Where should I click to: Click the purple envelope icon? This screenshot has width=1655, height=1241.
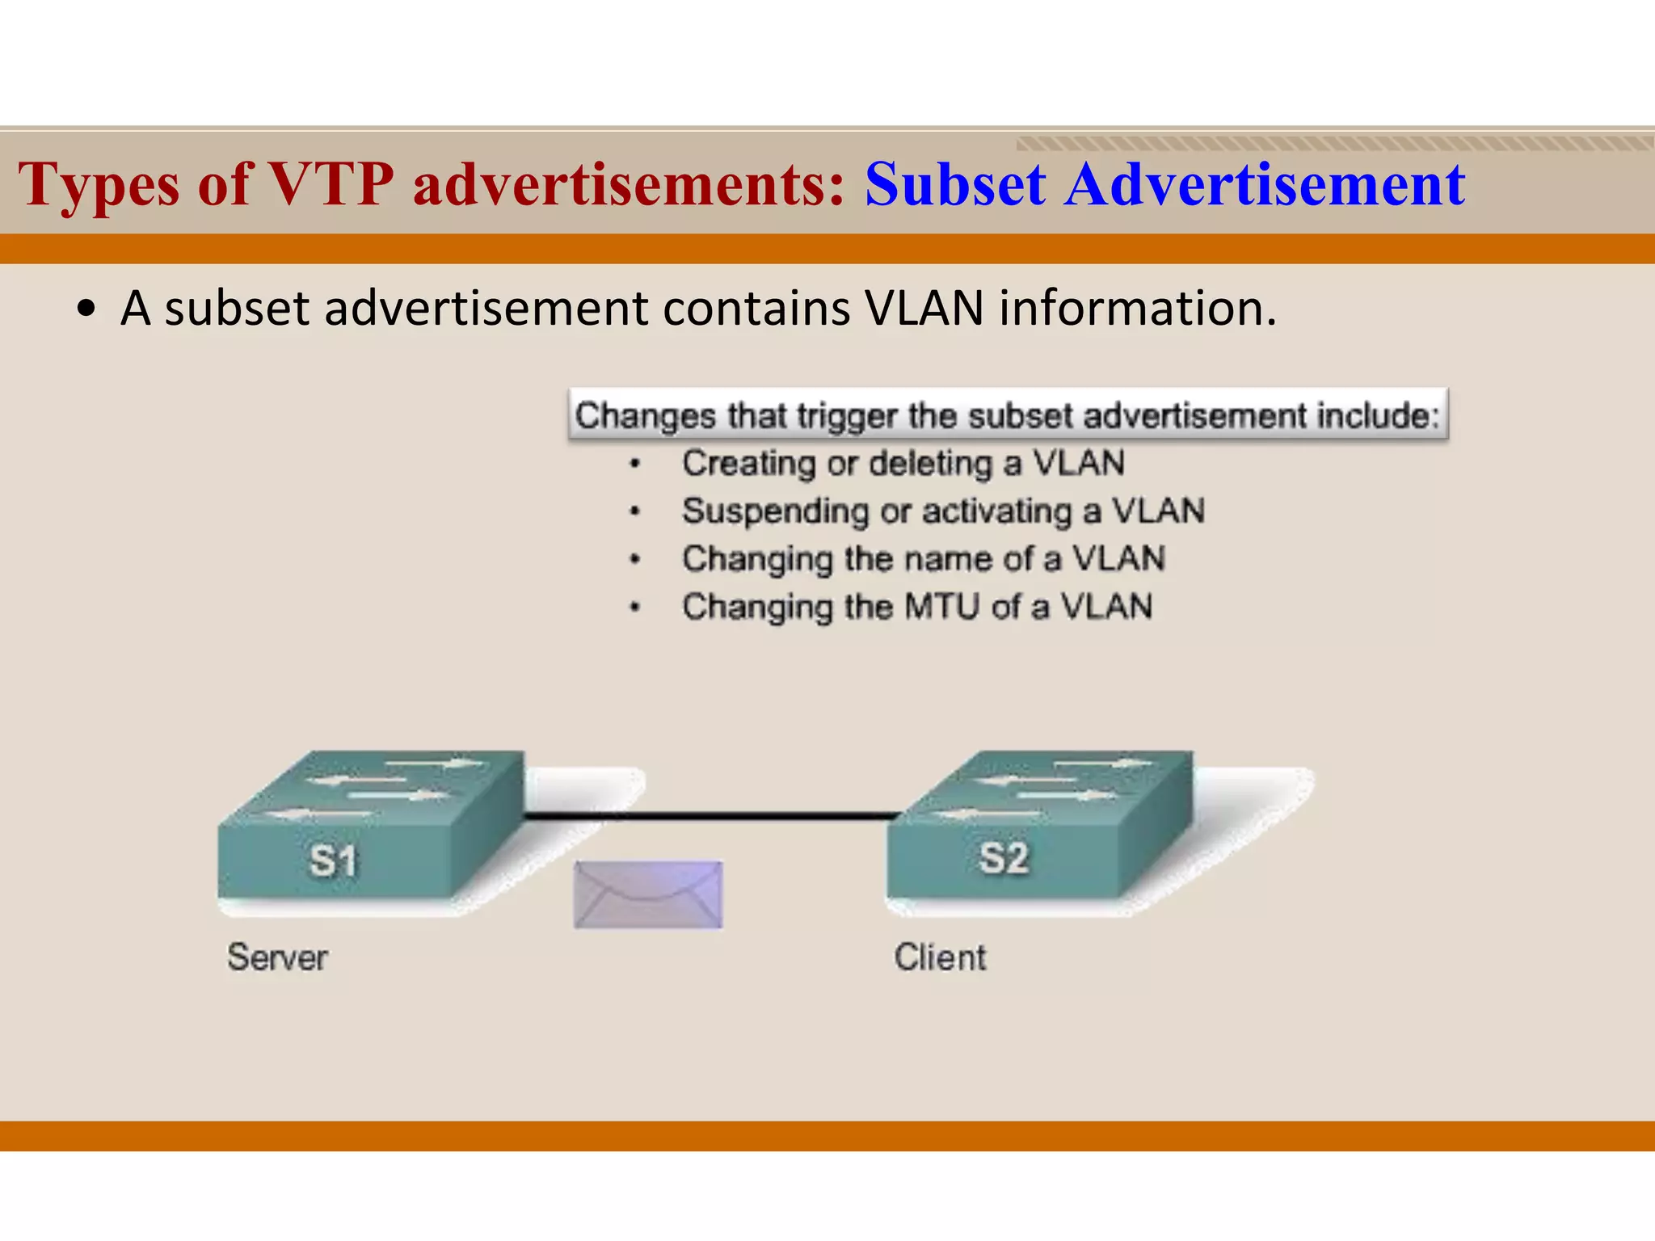coord(648,894)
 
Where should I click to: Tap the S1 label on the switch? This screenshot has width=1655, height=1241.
coord(333,860)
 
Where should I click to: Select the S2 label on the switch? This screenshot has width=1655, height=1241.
coord(1003,857)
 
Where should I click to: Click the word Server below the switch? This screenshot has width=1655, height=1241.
coord(277,957)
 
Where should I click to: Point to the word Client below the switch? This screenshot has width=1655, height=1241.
coord(940,957)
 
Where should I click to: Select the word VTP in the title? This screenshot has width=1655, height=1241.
coord(331,184)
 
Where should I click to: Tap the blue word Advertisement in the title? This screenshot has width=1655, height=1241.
coord(1264,184)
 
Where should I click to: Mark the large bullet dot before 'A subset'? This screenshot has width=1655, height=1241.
coord(86,309)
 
